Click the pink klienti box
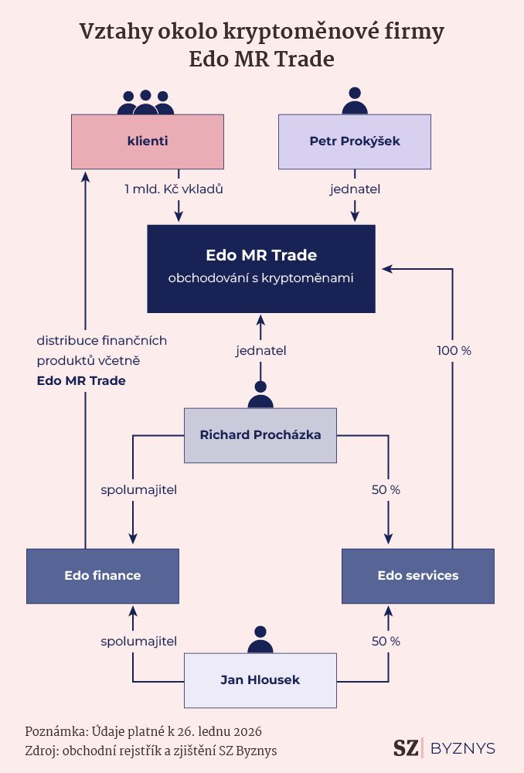pyautogui.click(x=148, y=141)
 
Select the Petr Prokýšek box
pyautogui.click(x=354, y=141)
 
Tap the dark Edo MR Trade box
pyautogui.click(x=261, y=267)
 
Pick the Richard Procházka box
pyautogui.click(x=260, y=435)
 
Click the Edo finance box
pyautogui.click(x=102, y=576)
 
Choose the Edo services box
pyautogui.click(x=417, y=576)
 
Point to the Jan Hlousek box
pyautogui.click(x=260, y=680)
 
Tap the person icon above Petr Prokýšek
pyautogui.click(x=354, y=101)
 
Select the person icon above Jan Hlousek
pyautogui.click(x=260, y=640)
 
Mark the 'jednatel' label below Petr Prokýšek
pyautogui.click(x=355, y=189)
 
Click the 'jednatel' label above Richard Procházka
pyautogui.click(x=261, y=350)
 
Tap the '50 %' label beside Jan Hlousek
pyautogui.click(x=386, y=641)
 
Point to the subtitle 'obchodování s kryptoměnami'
pyautogui.click(x=261, y=278)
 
